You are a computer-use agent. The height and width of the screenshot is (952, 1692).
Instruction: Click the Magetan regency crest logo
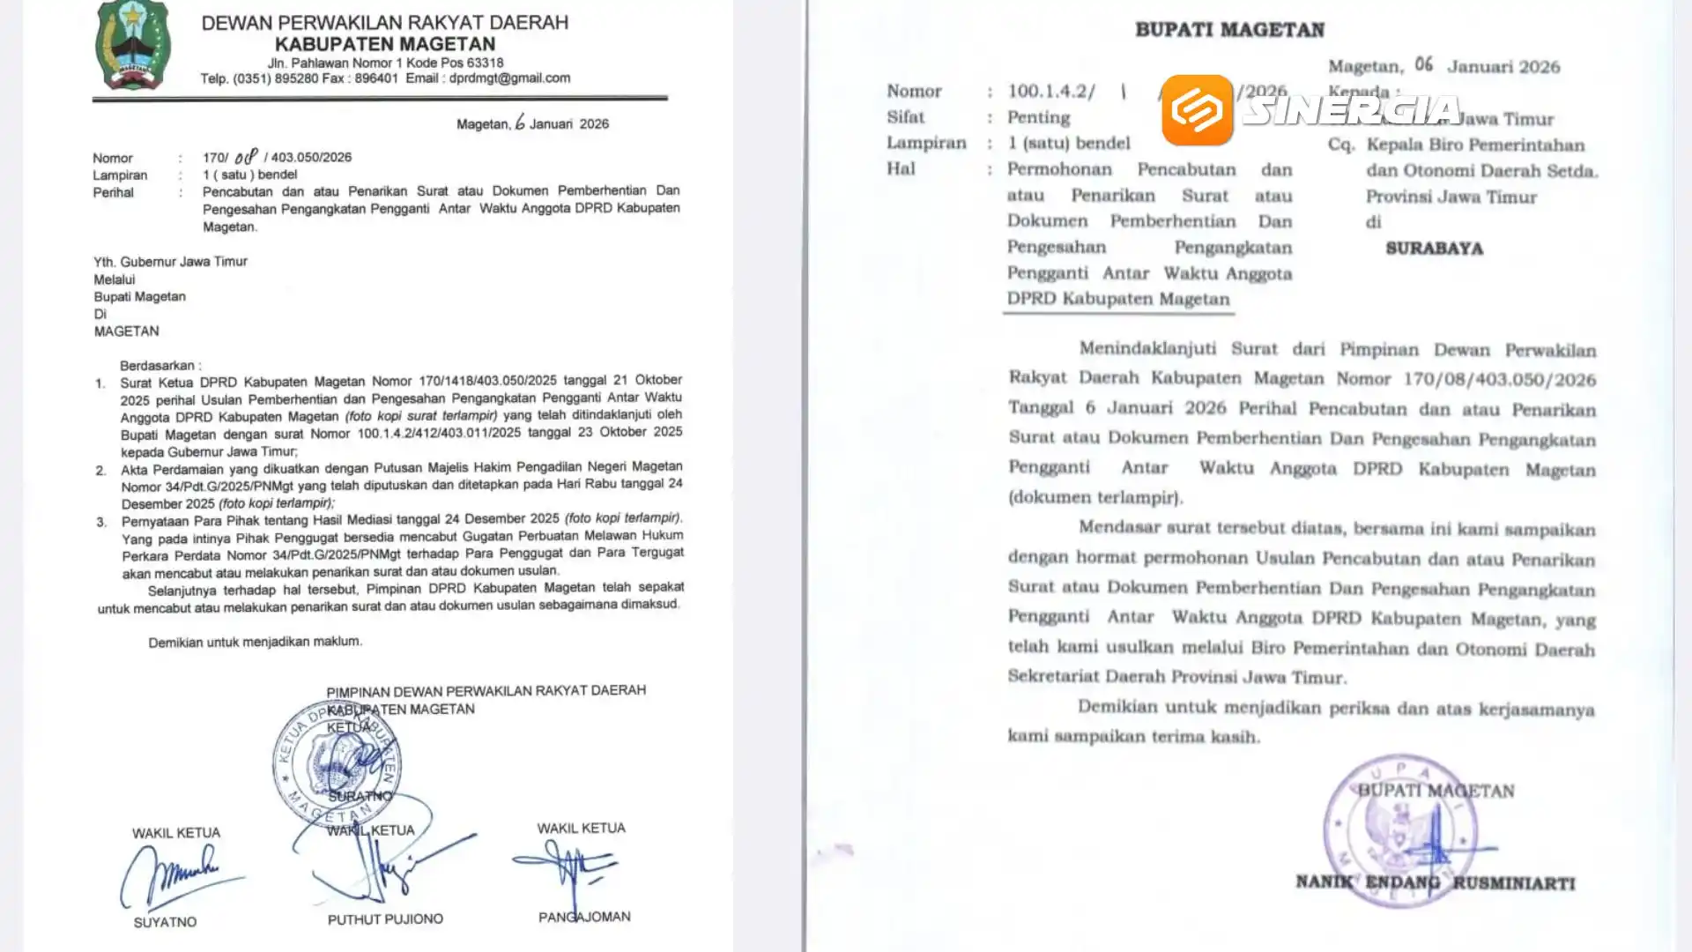tap(133, 46)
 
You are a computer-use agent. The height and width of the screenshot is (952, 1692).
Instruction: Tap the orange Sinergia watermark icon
tap(1197, 110)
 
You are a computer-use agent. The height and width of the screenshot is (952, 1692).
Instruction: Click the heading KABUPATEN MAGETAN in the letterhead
tap(385, 44)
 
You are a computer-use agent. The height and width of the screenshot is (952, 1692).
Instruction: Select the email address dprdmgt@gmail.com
tap(509, 78)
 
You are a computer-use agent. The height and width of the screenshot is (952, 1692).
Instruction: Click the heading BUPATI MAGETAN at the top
tap(1229, 30)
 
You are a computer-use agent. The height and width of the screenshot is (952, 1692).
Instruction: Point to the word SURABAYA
tap(1434, 249)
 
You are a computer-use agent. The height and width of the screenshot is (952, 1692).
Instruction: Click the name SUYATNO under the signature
tap(165, 922)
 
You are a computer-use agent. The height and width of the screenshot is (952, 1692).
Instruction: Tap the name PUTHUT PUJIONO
tap(385, 919)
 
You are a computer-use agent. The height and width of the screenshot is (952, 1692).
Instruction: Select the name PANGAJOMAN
tap(584, 917)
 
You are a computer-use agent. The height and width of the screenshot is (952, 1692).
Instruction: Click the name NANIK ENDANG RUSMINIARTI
tap(1435, 882)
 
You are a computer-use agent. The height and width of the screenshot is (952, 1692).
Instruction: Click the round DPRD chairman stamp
tap(335, 762)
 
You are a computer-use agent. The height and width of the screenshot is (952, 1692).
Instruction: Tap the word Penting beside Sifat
tap(1039, 117)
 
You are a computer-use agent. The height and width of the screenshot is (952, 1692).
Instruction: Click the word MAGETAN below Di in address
tap(127, 331)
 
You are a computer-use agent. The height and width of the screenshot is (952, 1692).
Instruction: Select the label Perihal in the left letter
tap(113, 192)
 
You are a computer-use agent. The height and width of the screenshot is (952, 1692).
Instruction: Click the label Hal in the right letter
tap(901, 169)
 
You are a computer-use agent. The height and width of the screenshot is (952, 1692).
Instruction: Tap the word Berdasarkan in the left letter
tap(160, 366)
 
